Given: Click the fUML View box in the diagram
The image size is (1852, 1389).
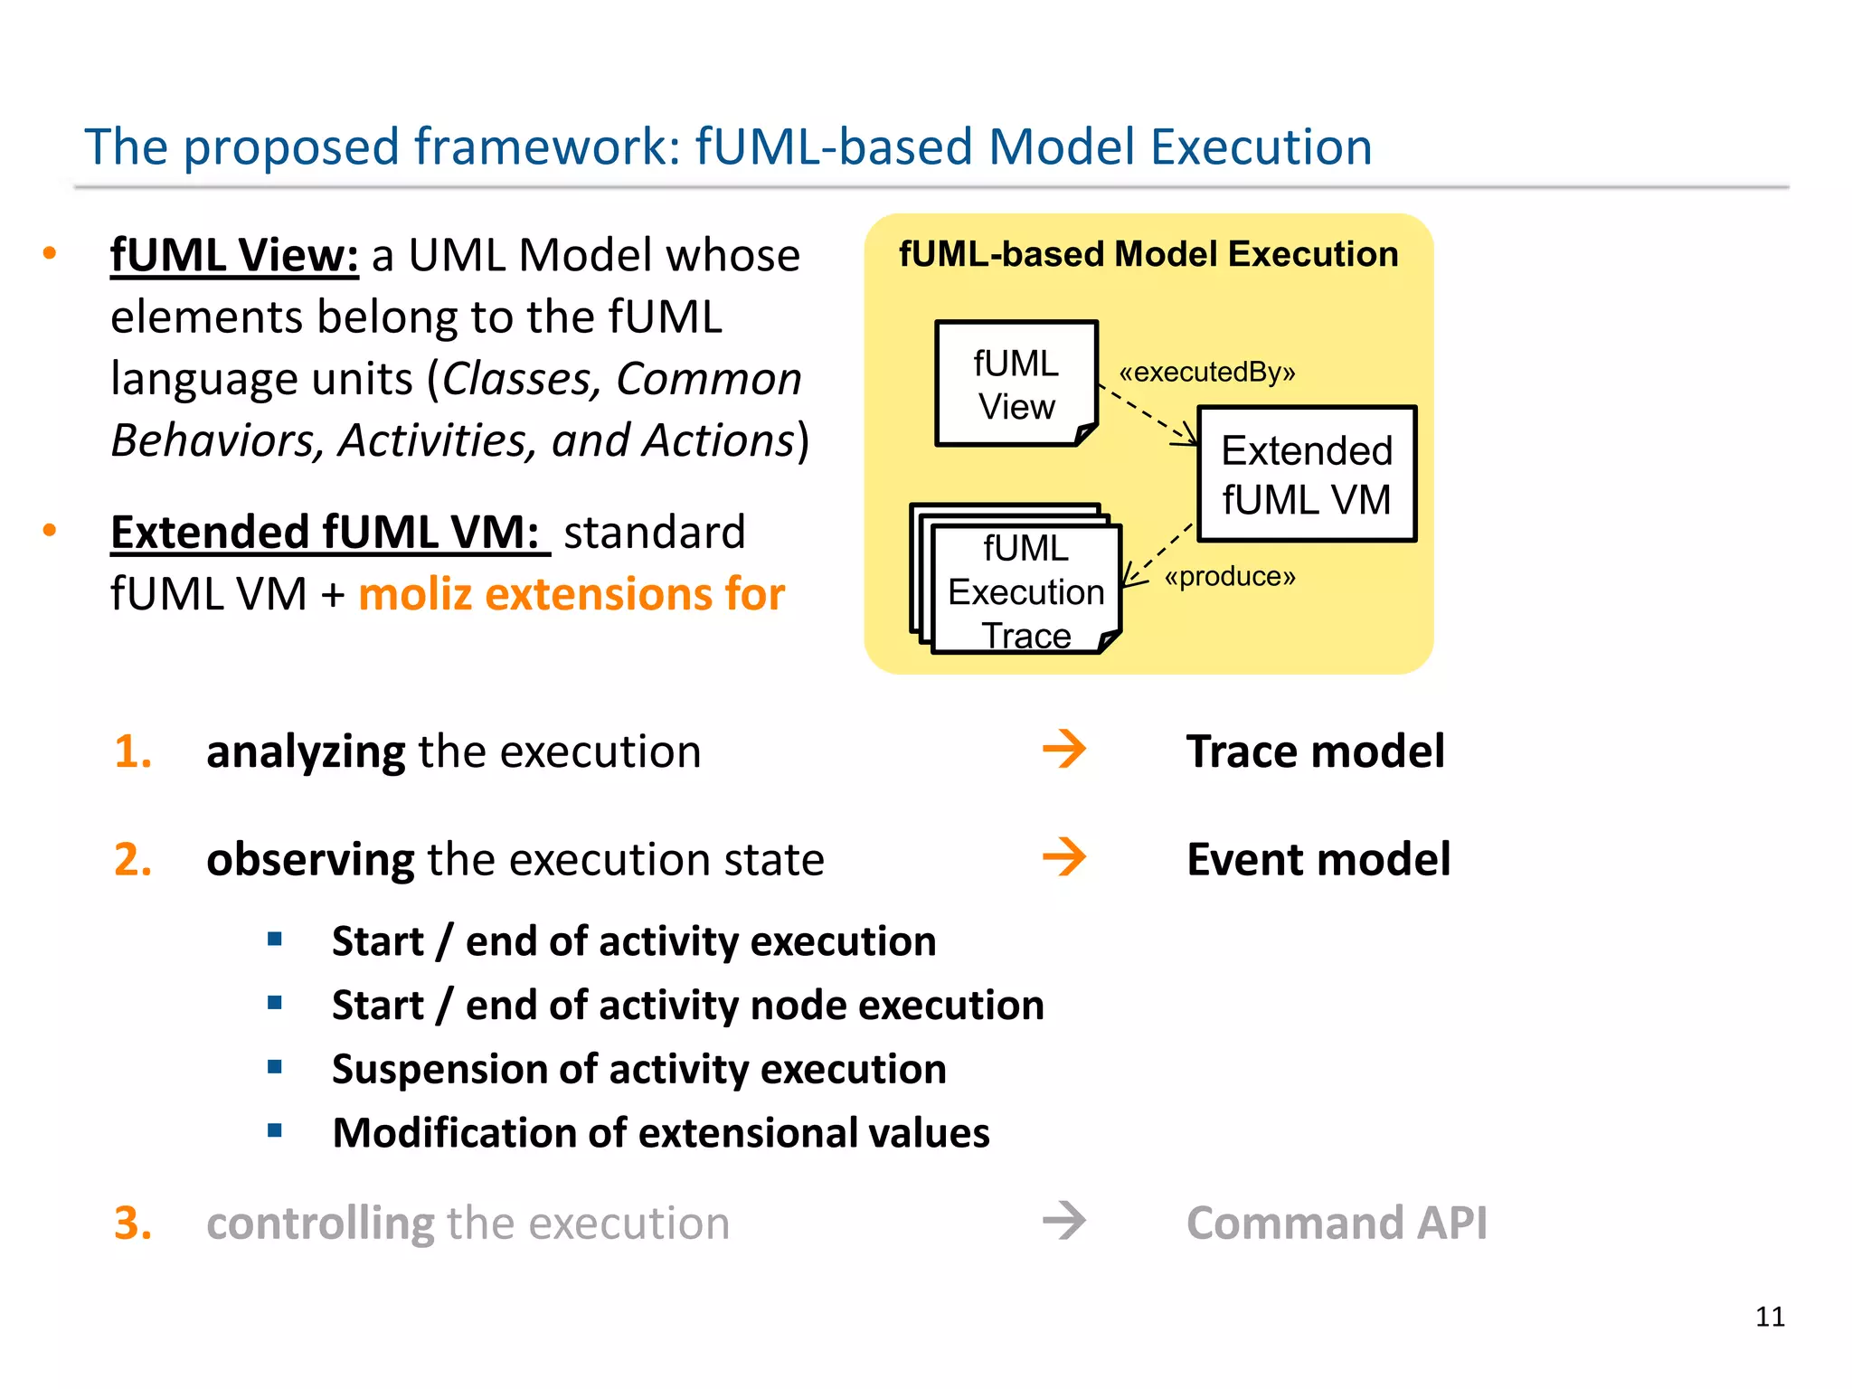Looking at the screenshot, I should (1016, 384).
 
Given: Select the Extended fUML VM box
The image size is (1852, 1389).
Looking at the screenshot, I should (1306, 475).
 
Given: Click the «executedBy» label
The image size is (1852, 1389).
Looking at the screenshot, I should (1206, 372).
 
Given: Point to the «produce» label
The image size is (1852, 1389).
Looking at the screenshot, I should (1229, 576).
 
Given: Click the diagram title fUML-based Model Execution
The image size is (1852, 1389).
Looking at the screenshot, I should (1148, 254).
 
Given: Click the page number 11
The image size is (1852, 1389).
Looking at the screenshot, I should (1770, 1317).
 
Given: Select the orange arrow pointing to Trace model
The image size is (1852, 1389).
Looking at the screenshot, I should (1063, 750).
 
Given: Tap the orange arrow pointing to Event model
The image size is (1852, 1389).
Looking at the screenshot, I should (1063, 857).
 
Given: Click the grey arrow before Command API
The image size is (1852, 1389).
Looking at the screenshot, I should (1063, 1221).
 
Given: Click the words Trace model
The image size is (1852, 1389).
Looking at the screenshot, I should (1315, 751).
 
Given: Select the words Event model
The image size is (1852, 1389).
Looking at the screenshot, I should (1318, 859).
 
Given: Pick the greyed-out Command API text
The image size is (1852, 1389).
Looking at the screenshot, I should (1336, 1223).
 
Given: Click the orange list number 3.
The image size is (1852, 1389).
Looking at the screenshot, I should (132, 1223).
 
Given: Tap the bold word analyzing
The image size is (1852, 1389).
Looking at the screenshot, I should (306, 752).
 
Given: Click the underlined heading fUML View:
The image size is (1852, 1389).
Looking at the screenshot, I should (234, 255).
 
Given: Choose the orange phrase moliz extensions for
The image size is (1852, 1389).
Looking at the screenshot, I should (572, 595).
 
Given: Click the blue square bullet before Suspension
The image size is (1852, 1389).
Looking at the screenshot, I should (275, 1067).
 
